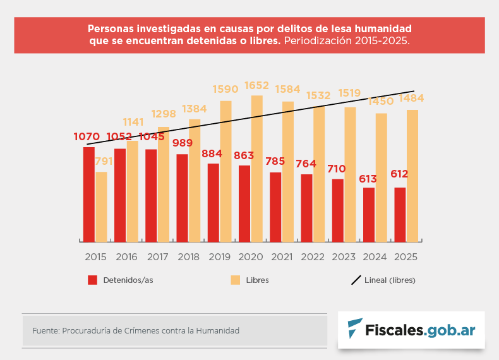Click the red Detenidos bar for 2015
click(x=88, y=194)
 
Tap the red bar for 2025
click(x=400, y=214)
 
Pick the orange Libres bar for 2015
click(x=101, y=207)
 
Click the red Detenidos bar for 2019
click(x=213, y=202)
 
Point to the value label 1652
click(x=257, y=85)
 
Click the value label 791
click(x=104, y=162)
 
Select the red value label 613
click(x=368, y=179)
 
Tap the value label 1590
click(x=225, y=90)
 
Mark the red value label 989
click(x=183, y=143)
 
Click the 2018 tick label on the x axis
click(x=189, y=257)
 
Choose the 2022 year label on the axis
click(x=313, y=257)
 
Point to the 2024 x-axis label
click(x=375, y=257)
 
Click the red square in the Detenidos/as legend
click(x=92, y=280)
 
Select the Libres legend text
click(x=257, y=280)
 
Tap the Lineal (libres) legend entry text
click(x=390, y=280)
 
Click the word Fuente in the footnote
click(x=45, y=330)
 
